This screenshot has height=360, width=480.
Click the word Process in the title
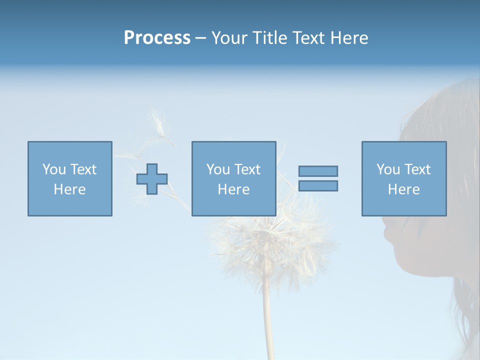157,38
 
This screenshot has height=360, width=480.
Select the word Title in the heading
268,38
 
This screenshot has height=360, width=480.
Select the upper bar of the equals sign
318,171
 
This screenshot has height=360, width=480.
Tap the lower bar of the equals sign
318,186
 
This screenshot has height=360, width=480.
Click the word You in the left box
54,169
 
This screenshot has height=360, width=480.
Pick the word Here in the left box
69,189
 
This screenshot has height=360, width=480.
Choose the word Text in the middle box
247,169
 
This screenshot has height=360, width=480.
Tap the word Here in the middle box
233,189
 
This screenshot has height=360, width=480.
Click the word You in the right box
388,169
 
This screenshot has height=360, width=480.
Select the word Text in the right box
417,169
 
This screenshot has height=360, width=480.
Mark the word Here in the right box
403,189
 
